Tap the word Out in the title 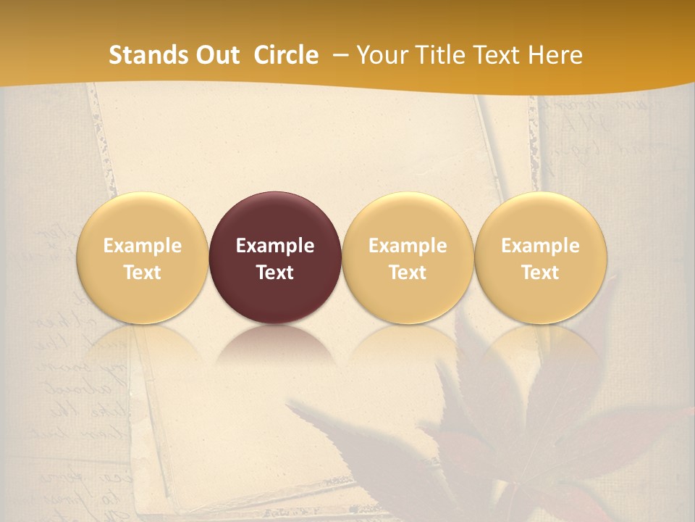[216, 55]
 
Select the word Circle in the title [286, 55]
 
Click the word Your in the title [382, 55]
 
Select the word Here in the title [555, 55]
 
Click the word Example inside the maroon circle [275, 246]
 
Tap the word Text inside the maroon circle [275, 273]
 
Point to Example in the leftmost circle [143, 246]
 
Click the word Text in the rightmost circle [541, 273]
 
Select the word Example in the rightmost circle [541, 246]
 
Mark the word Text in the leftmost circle [143, 273]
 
